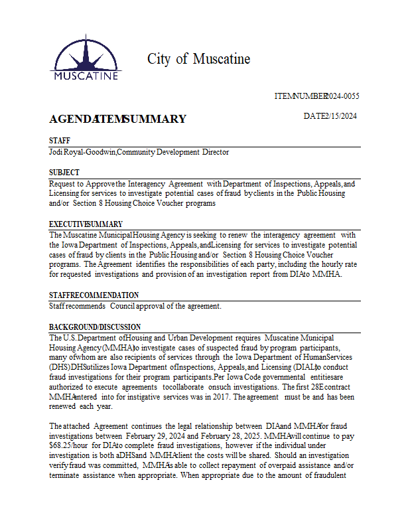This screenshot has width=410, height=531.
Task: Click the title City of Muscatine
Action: [198, 59]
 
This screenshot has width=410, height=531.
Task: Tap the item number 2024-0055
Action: [342, 96]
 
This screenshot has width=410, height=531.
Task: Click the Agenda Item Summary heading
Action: [117, 119]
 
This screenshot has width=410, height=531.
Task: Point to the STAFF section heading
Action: [60, 141]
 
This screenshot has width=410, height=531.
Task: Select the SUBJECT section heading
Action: [64, 172]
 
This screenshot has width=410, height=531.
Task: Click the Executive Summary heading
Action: [86, 224]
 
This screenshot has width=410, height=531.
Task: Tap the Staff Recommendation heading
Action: [94, 295]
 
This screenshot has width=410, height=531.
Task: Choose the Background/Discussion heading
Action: [95, 327]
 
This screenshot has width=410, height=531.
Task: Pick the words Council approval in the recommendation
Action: [135, 306]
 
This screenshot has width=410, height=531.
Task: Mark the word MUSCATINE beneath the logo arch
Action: [86, 75]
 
